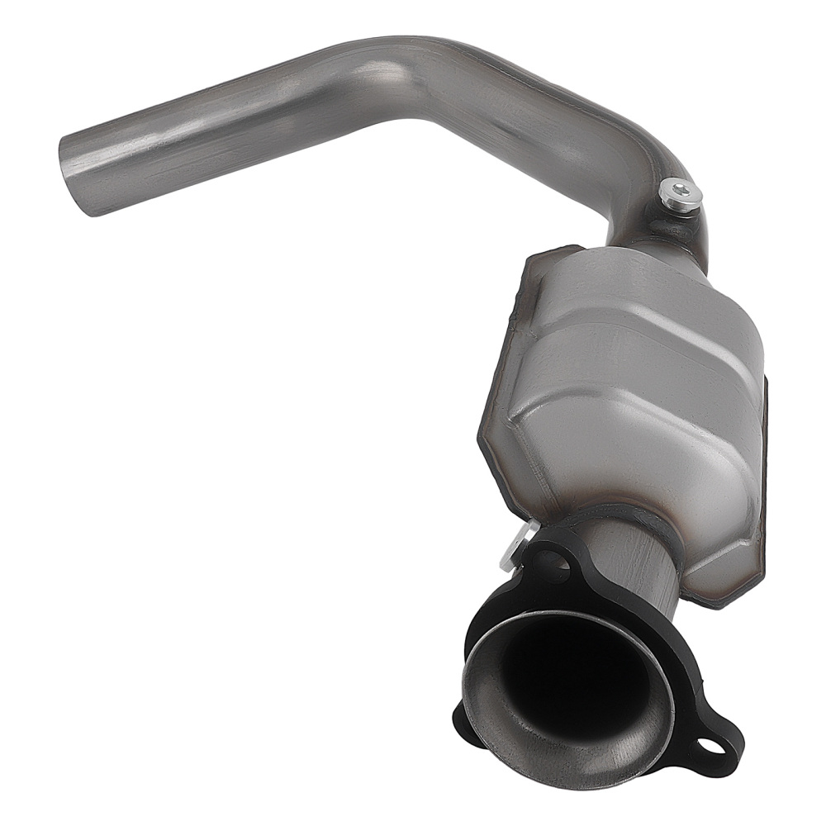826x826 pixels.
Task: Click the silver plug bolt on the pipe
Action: point(681,193)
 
